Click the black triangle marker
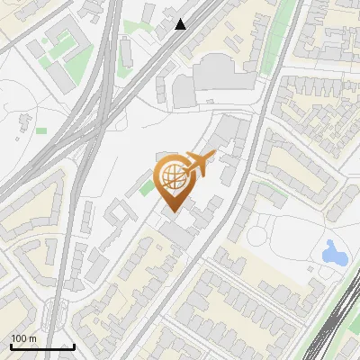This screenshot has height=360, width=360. tap(181, 24)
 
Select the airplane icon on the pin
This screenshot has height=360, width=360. tap(200, 163)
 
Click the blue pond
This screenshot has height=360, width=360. tap(334, 252)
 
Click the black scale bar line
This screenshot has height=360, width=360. tap(42, 346)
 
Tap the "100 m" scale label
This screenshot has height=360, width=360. tap(23, 338)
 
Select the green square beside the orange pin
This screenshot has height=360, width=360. tap(146, 188)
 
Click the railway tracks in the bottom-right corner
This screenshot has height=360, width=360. tap(337, 319)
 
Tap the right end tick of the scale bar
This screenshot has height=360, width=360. tap(74, 346)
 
